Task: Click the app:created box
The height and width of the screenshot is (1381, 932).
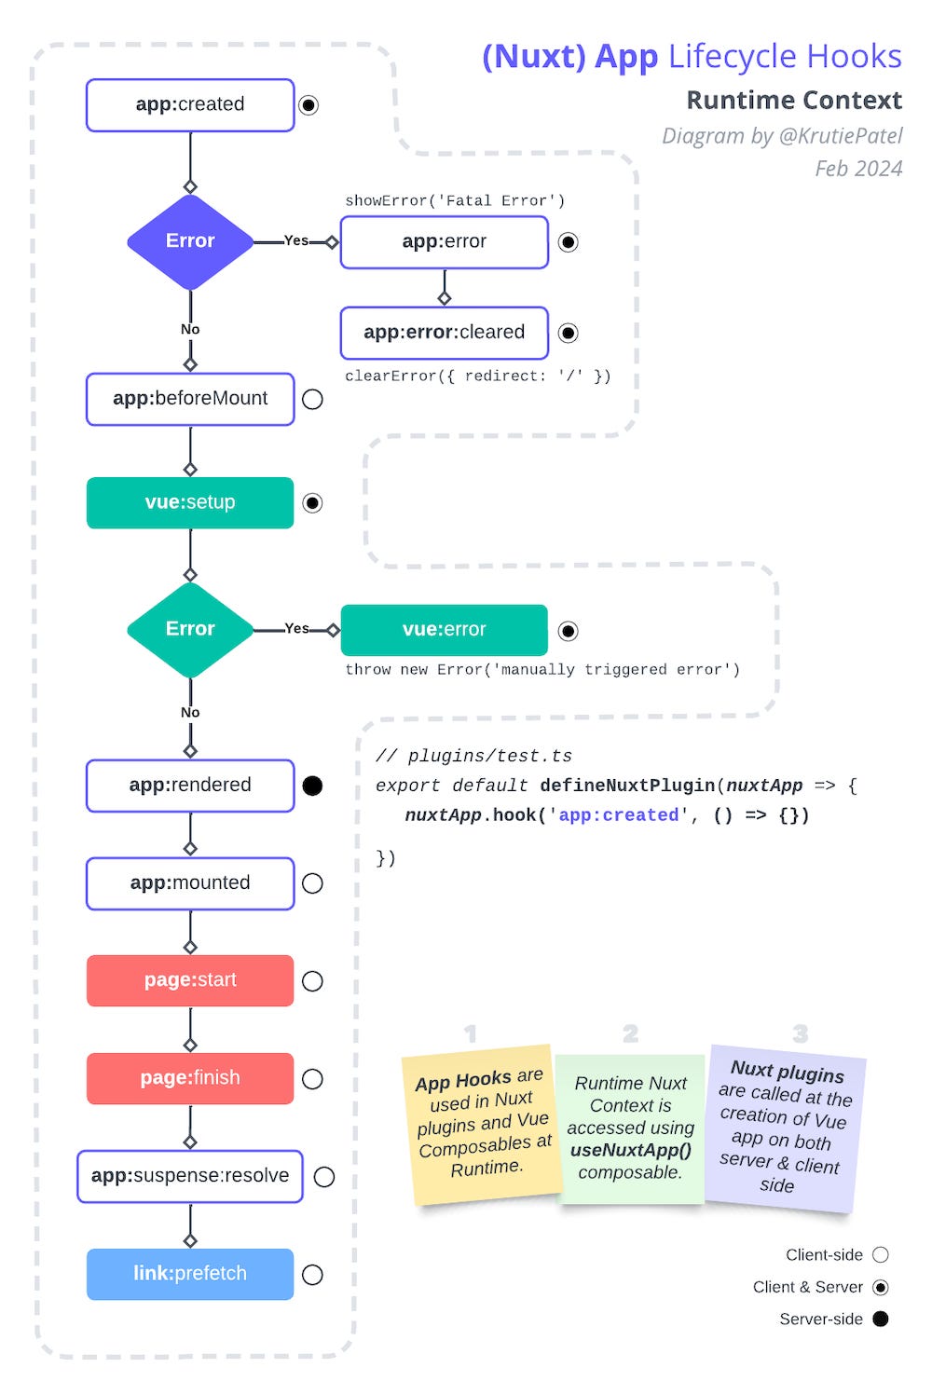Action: (x=190, y=105)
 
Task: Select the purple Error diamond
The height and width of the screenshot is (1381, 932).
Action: (x=190, y=241)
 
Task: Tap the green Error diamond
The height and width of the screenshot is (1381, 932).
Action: (x=190, y=630)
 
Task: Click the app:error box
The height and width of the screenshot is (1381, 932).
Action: (x=444, y=242)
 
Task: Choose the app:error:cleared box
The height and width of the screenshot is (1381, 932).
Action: (x=444, y=333)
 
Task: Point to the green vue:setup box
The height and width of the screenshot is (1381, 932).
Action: (x=190, y=503)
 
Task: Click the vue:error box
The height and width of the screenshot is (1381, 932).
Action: (x=444, y=630)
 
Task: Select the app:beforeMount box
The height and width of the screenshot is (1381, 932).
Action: (x=190, y=399)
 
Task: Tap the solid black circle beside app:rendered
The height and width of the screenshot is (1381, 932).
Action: (x=313, y=786)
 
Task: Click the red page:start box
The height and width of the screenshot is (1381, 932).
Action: (x=190, y=980)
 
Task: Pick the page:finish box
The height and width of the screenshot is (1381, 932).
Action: (x=190, y=1078)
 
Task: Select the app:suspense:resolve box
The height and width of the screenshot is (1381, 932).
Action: (x=190, y=1176)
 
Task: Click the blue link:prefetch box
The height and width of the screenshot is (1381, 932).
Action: (x=190, y=1274)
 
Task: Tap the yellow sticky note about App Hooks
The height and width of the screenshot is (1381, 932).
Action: (x=482, y=1123)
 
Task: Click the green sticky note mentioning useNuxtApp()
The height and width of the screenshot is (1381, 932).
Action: (x=630, y=1128)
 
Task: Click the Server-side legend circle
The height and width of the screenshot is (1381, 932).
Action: (x=881, y=1319)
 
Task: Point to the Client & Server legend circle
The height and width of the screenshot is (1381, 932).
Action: (x=881, y=1287)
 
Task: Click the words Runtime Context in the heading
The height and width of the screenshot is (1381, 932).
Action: (x=794, y=101)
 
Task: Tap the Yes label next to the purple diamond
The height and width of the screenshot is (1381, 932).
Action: (x=296, y=240)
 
